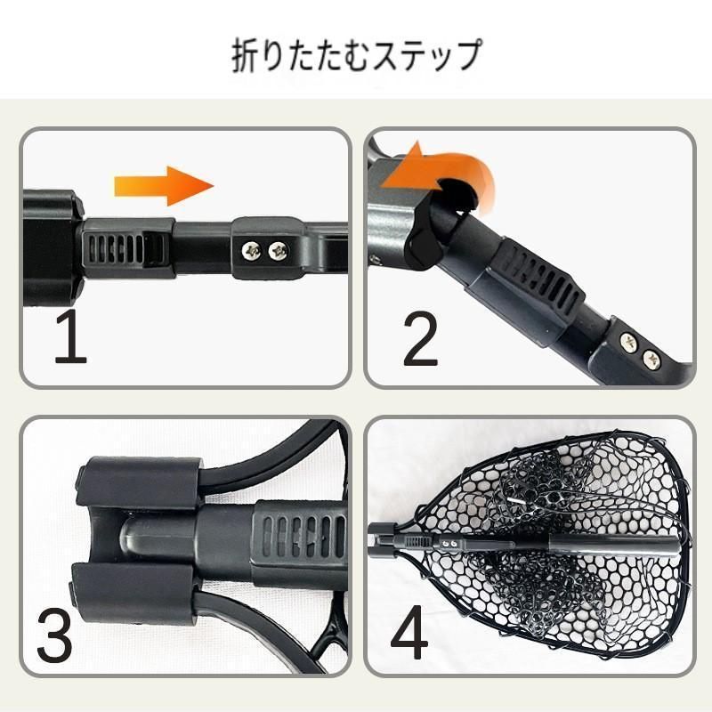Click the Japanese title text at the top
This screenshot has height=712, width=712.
(355, 56)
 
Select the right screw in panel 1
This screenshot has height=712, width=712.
(279, 252)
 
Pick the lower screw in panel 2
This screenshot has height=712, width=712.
(652, 360)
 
